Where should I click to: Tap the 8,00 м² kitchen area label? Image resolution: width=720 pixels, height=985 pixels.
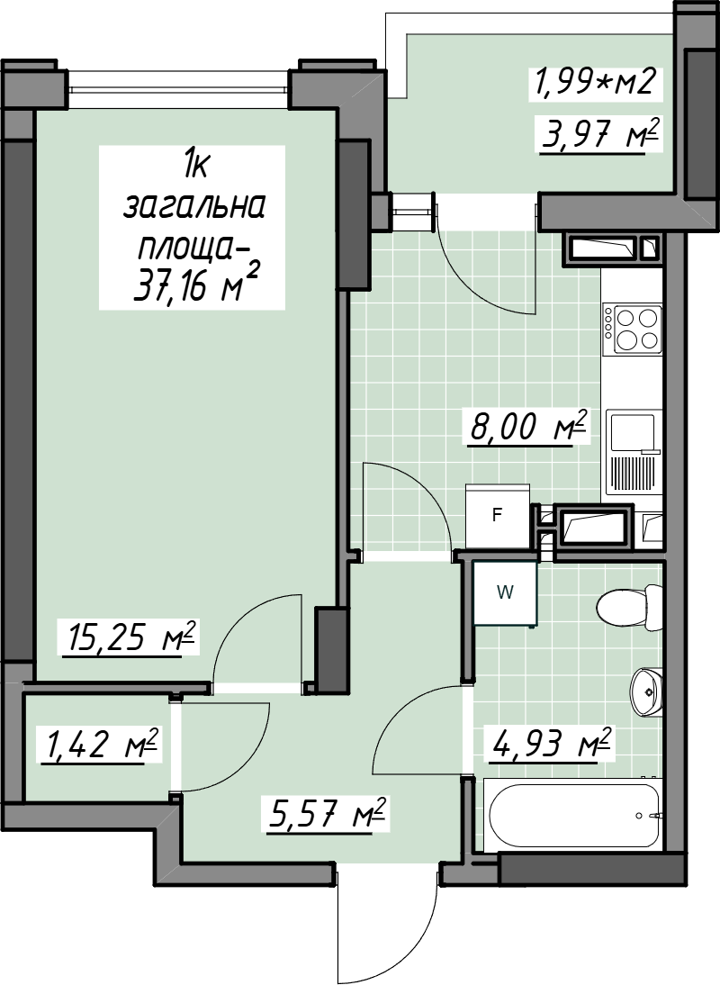(527, 427)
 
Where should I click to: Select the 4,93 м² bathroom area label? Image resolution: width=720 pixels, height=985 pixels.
(551, 745)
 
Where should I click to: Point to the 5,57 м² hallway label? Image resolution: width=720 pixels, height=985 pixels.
(325, 815)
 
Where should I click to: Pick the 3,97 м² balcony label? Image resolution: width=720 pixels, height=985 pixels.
(600, 134)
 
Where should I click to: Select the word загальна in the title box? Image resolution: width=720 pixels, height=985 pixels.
(194, 206)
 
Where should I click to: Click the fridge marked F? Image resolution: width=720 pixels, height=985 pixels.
(497, 516)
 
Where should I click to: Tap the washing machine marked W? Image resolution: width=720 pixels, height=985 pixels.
(505, 593)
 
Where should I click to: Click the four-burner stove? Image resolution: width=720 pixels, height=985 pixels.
(633, 330)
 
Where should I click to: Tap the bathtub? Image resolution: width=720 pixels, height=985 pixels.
(573, 816)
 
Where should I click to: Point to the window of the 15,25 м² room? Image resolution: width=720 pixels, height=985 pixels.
(177, 81)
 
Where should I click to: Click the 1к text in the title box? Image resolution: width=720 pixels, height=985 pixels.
(193, 167)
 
